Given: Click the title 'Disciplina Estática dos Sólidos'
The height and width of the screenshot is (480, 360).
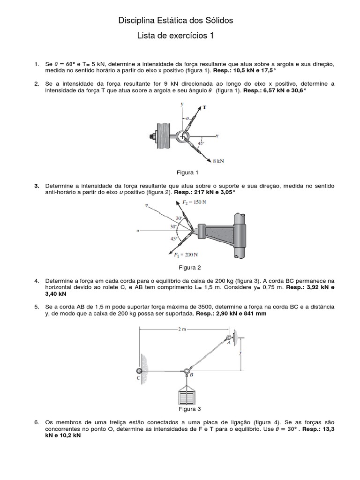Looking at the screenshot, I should click(175, 21).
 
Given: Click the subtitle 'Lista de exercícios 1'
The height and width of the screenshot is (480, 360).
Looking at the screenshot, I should click(175, 36).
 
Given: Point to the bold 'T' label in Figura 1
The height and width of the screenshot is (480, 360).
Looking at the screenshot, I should click(204, 107).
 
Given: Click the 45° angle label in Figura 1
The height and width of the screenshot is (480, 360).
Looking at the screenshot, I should click(201, 143).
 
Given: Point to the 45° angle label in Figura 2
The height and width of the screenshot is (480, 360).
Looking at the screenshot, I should click(174, 238).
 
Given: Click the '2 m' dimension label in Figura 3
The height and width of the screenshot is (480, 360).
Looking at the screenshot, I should click(183, 330).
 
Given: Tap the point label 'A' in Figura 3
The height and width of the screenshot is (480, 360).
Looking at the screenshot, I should click(229, 343).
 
